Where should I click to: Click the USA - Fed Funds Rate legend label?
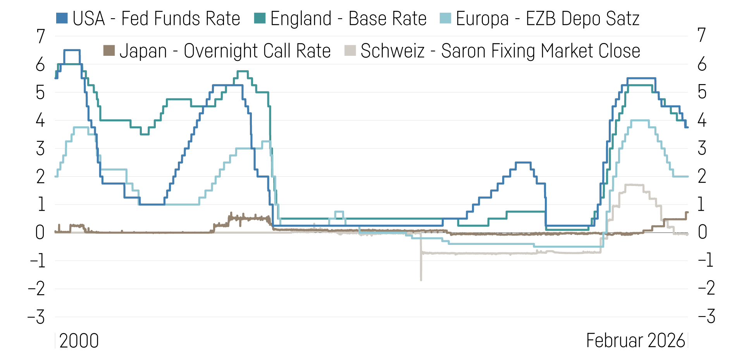coord(156,19)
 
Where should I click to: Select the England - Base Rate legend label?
coord(348,19)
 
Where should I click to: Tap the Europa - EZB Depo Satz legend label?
coord(547,19)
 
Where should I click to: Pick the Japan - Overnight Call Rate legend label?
coord(225,51)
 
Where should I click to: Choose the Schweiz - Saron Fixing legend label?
coord(500,51)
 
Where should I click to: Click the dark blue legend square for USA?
coord(62,18)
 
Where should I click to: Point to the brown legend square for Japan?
coord(109,50)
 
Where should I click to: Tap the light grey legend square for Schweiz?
coord(350,50)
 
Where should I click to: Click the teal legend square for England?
coord(260,18)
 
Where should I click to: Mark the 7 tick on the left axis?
coord(41,37)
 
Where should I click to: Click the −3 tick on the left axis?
coord(37,317)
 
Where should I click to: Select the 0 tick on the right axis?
coord(702,233)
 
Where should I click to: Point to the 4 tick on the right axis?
coord(702,121)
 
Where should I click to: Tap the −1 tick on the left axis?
coord(38,261)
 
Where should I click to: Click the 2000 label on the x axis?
coord(79,341)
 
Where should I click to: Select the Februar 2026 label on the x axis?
coord(635,341)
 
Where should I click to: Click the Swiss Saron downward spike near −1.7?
coord(421,278)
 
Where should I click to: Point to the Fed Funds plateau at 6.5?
coord(72,50)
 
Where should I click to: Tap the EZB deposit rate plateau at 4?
coord(640,120)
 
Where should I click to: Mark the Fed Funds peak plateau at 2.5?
coord(523,162)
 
